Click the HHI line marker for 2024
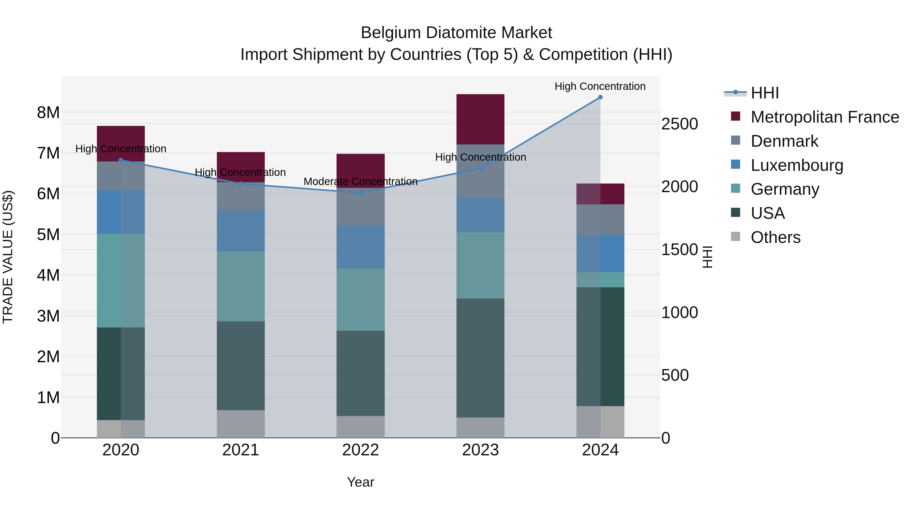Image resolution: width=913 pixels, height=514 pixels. pyautogui.click(x=600, y=97)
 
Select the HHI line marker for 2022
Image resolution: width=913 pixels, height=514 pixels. pyautogui.click(x=360, y=193)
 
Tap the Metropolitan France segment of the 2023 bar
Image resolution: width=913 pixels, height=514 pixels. pyautogui.click(x=480, y=119)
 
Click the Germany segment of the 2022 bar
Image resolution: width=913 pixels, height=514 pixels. pyautogui.click(x=360, y=300)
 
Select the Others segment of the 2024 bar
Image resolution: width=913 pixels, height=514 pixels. pyautogui.click(x=600, y=422)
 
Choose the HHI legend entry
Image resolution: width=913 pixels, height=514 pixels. pyautogui.click(x=764, y=93)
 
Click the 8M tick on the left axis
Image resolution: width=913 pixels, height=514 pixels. pyautogui.click(x=48, y=113)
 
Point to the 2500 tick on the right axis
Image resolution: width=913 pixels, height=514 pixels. pyautogui.click(x=679, y=124)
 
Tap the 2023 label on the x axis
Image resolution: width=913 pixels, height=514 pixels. pyautogui.click(x=480, y=450)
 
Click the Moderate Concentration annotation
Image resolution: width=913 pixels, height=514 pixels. pyautogui.click(x=360, y=182)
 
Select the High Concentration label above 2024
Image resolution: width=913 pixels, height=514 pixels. pyautogui.click(x=600, y=87)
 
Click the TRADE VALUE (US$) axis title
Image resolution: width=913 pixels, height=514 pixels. pyautogui.click(x=8, y=257)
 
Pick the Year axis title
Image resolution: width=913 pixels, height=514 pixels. pyautogui.click(x=360, y=482)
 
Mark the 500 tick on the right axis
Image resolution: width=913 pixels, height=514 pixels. pyautogui.click(x=675, y=375)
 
